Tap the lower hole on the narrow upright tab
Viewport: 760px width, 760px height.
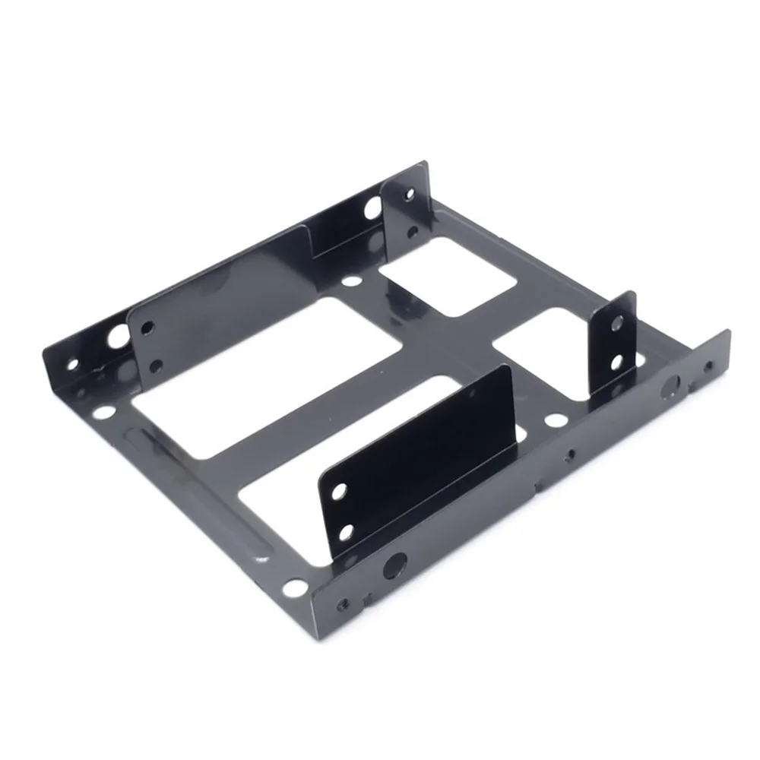click(x=616, y=363)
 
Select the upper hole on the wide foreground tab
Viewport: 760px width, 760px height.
click(x=339, y=492)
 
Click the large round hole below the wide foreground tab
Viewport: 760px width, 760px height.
click(x=394, y=565)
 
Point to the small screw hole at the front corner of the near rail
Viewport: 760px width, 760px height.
click(x=344, y=605)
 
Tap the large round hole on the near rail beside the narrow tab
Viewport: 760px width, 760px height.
click(x=671, y=385)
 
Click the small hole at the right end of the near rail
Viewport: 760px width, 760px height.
click(x=708, y=366)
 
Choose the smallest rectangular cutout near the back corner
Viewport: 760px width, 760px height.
click(x=448, y=277)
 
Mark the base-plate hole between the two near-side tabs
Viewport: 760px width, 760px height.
click(x=556, y=420)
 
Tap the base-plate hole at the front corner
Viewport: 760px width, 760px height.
click(x=293, y=587)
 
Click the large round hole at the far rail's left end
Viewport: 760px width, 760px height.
click(x=118, y=335)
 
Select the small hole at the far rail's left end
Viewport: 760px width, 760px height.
click(x=73, y=364)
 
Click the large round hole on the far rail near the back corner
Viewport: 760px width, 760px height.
click(x=372, y=207)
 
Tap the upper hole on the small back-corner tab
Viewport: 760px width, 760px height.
click(x=410, y=195)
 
